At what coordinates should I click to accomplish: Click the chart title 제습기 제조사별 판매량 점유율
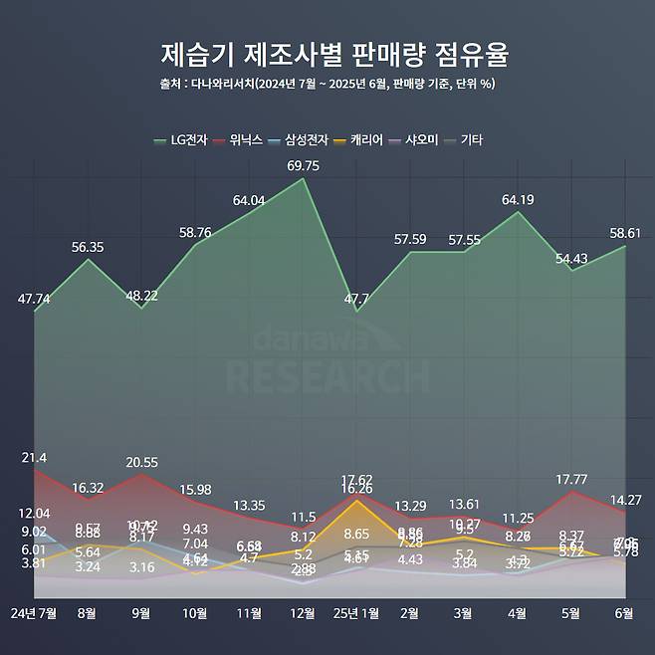(327, 52)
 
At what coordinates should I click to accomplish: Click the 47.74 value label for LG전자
(34, 298)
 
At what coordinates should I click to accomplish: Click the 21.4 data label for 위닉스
(34, 457)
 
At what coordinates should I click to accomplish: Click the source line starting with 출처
(327, 84)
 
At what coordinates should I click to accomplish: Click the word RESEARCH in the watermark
(327, 376)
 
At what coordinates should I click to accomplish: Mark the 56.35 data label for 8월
(89, 247)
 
